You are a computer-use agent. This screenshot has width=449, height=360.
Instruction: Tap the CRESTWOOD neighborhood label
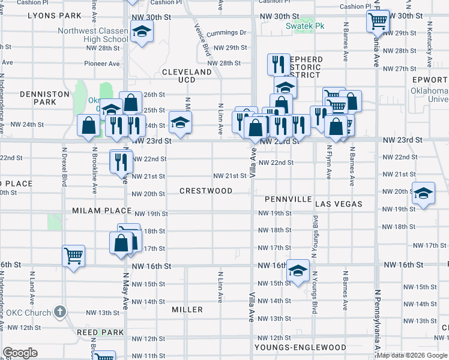[206, 191]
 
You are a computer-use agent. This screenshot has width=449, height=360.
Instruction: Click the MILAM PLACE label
[102, 211]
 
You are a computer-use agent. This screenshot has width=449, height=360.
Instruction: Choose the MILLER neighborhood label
[187, 310]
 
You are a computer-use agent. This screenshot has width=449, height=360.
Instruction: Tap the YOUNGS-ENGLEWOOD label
[300, 347]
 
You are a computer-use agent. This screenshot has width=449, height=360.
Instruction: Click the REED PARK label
[100, 332]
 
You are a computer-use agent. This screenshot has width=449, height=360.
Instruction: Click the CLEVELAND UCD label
[187, 76]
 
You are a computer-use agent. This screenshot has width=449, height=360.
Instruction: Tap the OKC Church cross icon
[59, 311]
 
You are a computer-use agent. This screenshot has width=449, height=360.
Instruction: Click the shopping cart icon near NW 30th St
[378, 22]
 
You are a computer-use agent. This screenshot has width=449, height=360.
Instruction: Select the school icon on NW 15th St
[298, 270]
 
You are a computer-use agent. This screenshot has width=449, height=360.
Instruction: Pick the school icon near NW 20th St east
[424, 194]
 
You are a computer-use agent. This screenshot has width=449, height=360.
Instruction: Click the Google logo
[20, 353]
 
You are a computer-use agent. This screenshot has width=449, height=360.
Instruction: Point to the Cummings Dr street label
[226, 33]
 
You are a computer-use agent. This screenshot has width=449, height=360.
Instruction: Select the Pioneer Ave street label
[102, 63]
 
